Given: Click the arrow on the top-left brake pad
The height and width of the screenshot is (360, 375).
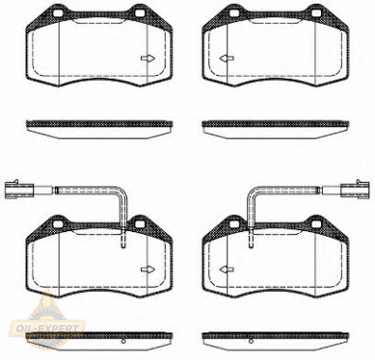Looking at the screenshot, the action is pyautogui.click(x=148, y=59).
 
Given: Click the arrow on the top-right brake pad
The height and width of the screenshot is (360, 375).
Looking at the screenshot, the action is pyautogui.click(x=226, y=59).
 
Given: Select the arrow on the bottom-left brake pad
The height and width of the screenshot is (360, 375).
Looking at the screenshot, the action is pyautogui.click(x=148, y=269).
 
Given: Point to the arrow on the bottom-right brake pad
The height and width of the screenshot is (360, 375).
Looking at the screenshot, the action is pyautogui.click(x=226, y=269).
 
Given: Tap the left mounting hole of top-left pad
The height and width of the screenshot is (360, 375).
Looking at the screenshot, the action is pyautogui.click(x=58, y=13).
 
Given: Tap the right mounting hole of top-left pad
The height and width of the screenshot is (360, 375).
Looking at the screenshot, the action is pyautogui.click(x=139, y=13).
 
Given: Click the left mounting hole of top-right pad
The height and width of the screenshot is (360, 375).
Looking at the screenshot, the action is pyautogui.click(x=234, y=13).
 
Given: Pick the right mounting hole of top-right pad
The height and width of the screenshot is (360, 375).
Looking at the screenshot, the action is pyautogui.click(x=316, y=13).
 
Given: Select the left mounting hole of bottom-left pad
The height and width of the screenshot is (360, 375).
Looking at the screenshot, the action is pyautogui.click(x=58, y=224).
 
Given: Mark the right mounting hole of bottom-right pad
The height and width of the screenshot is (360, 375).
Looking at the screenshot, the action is pyautogui.click(x=316, y=224).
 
